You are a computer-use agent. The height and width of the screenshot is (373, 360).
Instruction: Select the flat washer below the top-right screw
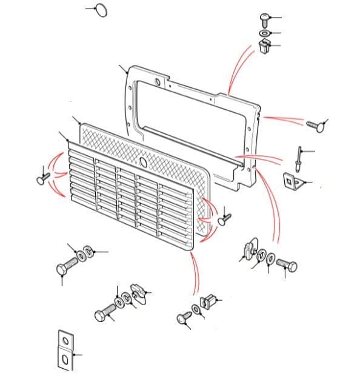pos(265,33)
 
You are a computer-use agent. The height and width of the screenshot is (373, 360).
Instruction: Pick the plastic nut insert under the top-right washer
pos(264,46)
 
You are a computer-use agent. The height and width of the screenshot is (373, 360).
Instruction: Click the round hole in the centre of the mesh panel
pos(142,163)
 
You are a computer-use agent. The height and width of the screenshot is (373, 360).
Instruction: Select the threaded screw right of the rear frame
pos(313,125)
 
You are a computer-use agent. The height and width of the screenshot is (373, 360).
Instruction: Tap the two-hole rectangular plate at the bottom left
pos(65,351)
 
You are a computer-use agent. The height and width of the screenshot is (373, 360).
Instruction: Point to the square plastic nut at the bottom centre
pos(208,300)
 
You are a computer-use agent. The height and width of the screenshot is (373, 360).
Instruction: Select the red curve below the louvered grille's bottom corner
pos(196,273)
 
